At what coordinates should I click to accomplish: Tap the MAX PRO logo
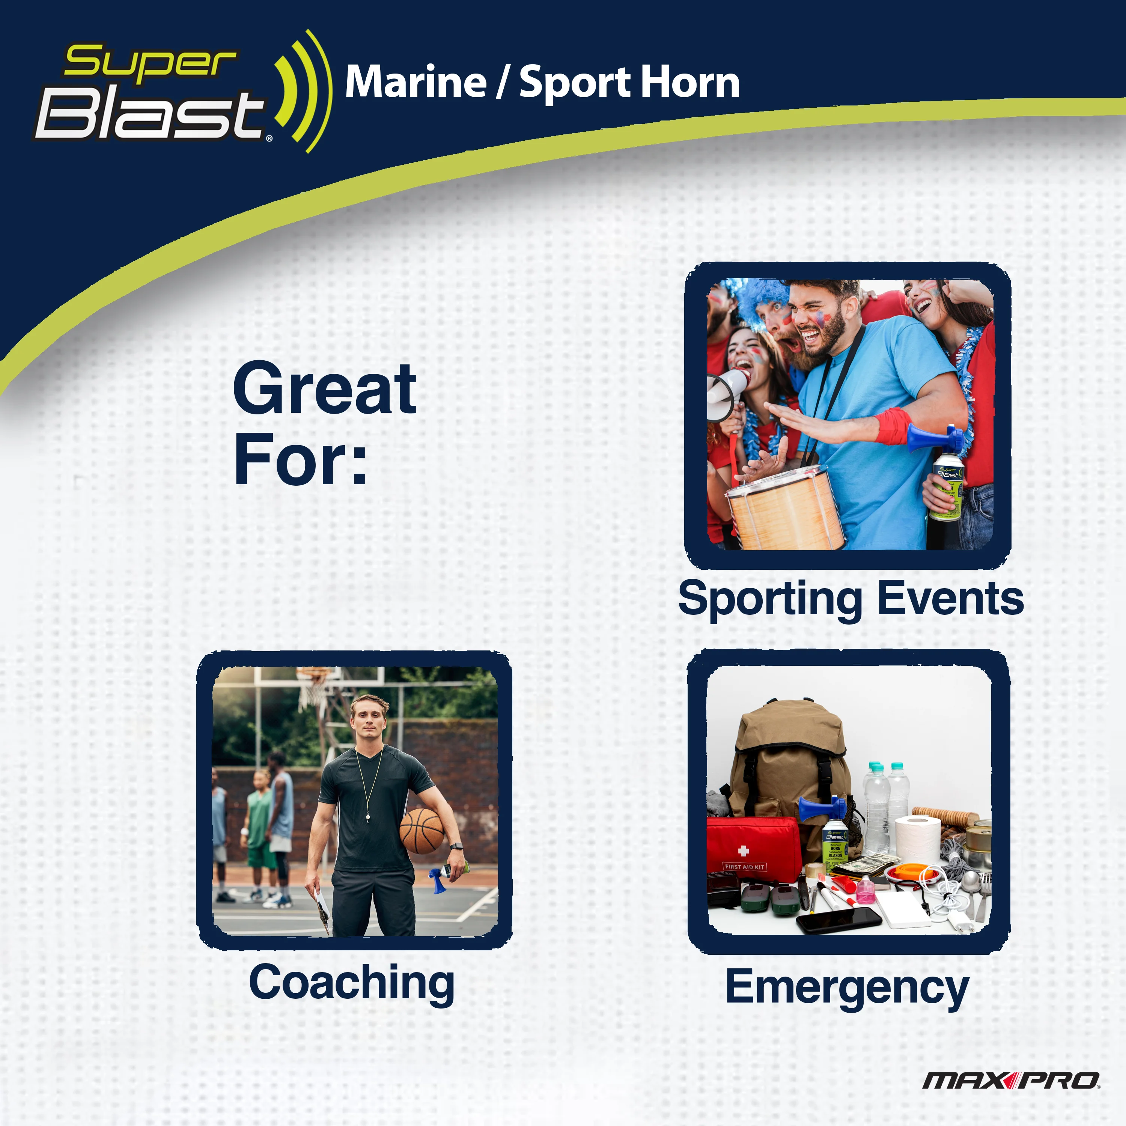click(1011, 1081)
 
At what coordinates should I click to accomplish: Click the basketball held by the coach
click(422, 831)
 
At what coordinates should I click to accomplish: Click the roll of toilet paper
click(917, 839)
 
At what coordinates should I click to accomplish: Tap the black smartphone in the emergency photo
click(838, 919)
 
